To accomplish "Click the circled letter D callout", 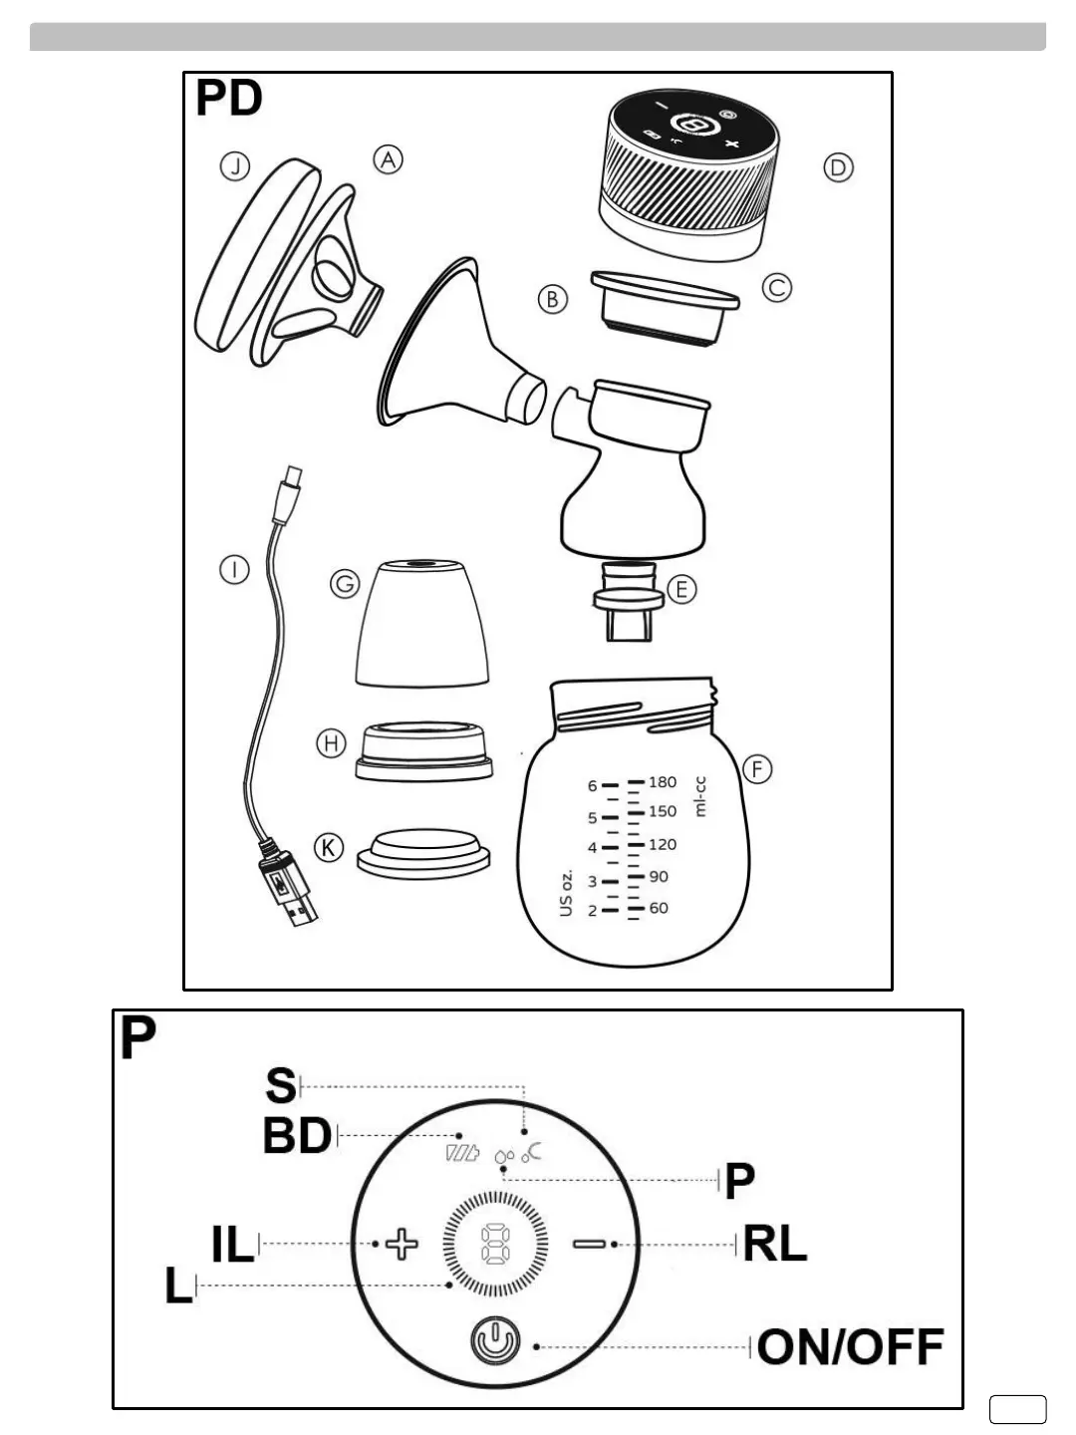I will [x=839, y=167].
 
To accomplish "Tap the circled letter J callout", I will [x=234, y=166].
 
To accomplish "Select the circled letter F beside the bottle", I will [x=758, y=769].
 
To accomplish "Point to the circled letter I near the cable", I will [x=234, y=570].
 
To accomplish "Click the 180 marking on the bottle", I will [x=663, y=782].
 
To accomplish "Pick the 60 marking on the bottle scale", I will [x=659, y=908].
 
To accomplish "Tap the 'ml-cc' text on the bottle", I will [x=699, y=797].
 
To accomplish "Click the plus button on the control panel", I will [x=403, y=1244].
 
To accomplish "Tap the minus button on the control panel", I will [x=589, y=1244].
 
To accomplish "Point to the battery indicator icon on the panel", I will [x=462, y=1154].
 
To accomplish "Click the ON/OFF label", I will [x=850, y=1347].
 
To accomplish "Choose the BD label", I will [x=297, y=1136].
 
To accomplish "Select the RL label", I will [x=775, y=1244].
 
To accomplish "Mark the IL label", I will [x=233, y=1245].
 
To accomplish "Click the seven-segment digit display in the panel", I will [x=495, y=1244].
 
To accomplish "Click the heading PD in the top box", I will [x=229, y=99].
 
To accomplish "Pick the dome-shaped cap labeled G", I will [x=422, y=623].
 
